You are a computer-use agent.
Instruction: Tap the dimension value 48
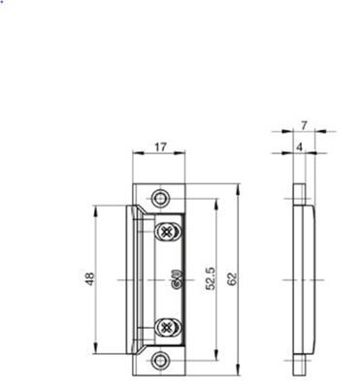pyautogui.click(x=88, y=278)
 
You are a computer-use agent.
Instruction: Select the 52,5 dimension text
pyautogui.click(x=210, y=278)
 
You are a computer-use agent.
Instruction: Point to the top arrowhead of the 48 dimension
pyautogui.click(x=96, y=209)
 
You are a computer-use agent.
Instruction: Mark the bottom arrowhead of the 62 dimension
pyautogui.click(x=239, y=373)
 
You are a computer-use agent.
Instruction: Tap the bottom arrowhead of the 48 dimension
pyautogui.click(x=96, y=350)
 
